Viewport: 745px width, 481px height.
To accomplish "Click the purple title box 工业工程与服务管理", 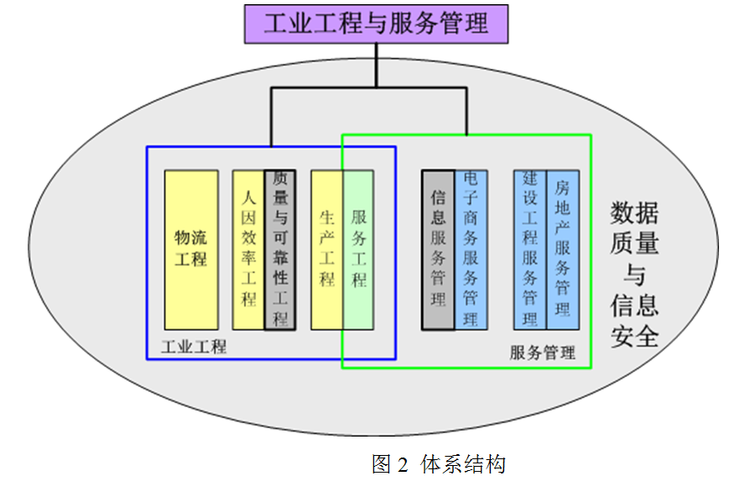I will pos(376,23).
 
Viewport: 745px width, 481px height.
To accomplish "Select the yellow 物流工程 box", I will pos(190,250).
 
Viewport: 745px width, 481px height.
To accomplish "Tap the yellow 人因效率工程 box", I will pos(248,250).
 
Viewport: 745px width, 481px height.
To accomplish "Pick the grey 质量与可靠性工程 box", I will pos(280,250).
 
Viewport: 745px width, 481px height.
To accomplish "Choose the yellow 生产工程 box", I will pos(326,250).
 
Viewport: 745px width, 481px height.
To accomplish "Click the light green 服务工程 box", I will pos(358,250).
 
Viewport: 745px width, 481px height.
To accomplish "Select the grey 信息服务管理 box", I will pos(437,250).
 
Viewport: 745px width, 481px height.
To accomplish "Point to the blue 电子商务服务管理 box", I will pos(470,250).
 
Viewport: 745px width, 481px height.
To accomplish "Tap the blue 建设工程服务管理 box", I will pos(529,250).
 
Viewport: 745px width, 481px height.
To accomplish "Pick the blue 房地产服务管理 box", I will pos(562,250).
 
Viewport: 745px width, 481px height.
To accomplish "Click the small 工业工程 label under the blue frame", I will pos(194,345).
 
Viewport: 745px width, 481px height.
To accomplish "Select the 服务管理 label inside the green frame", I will pos(543,353).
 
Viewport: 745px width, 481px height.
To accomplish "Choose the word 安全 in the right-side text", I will pos(634,335).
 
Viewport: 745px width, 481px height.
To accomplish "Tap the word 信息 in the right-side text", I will pos(634,305).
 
